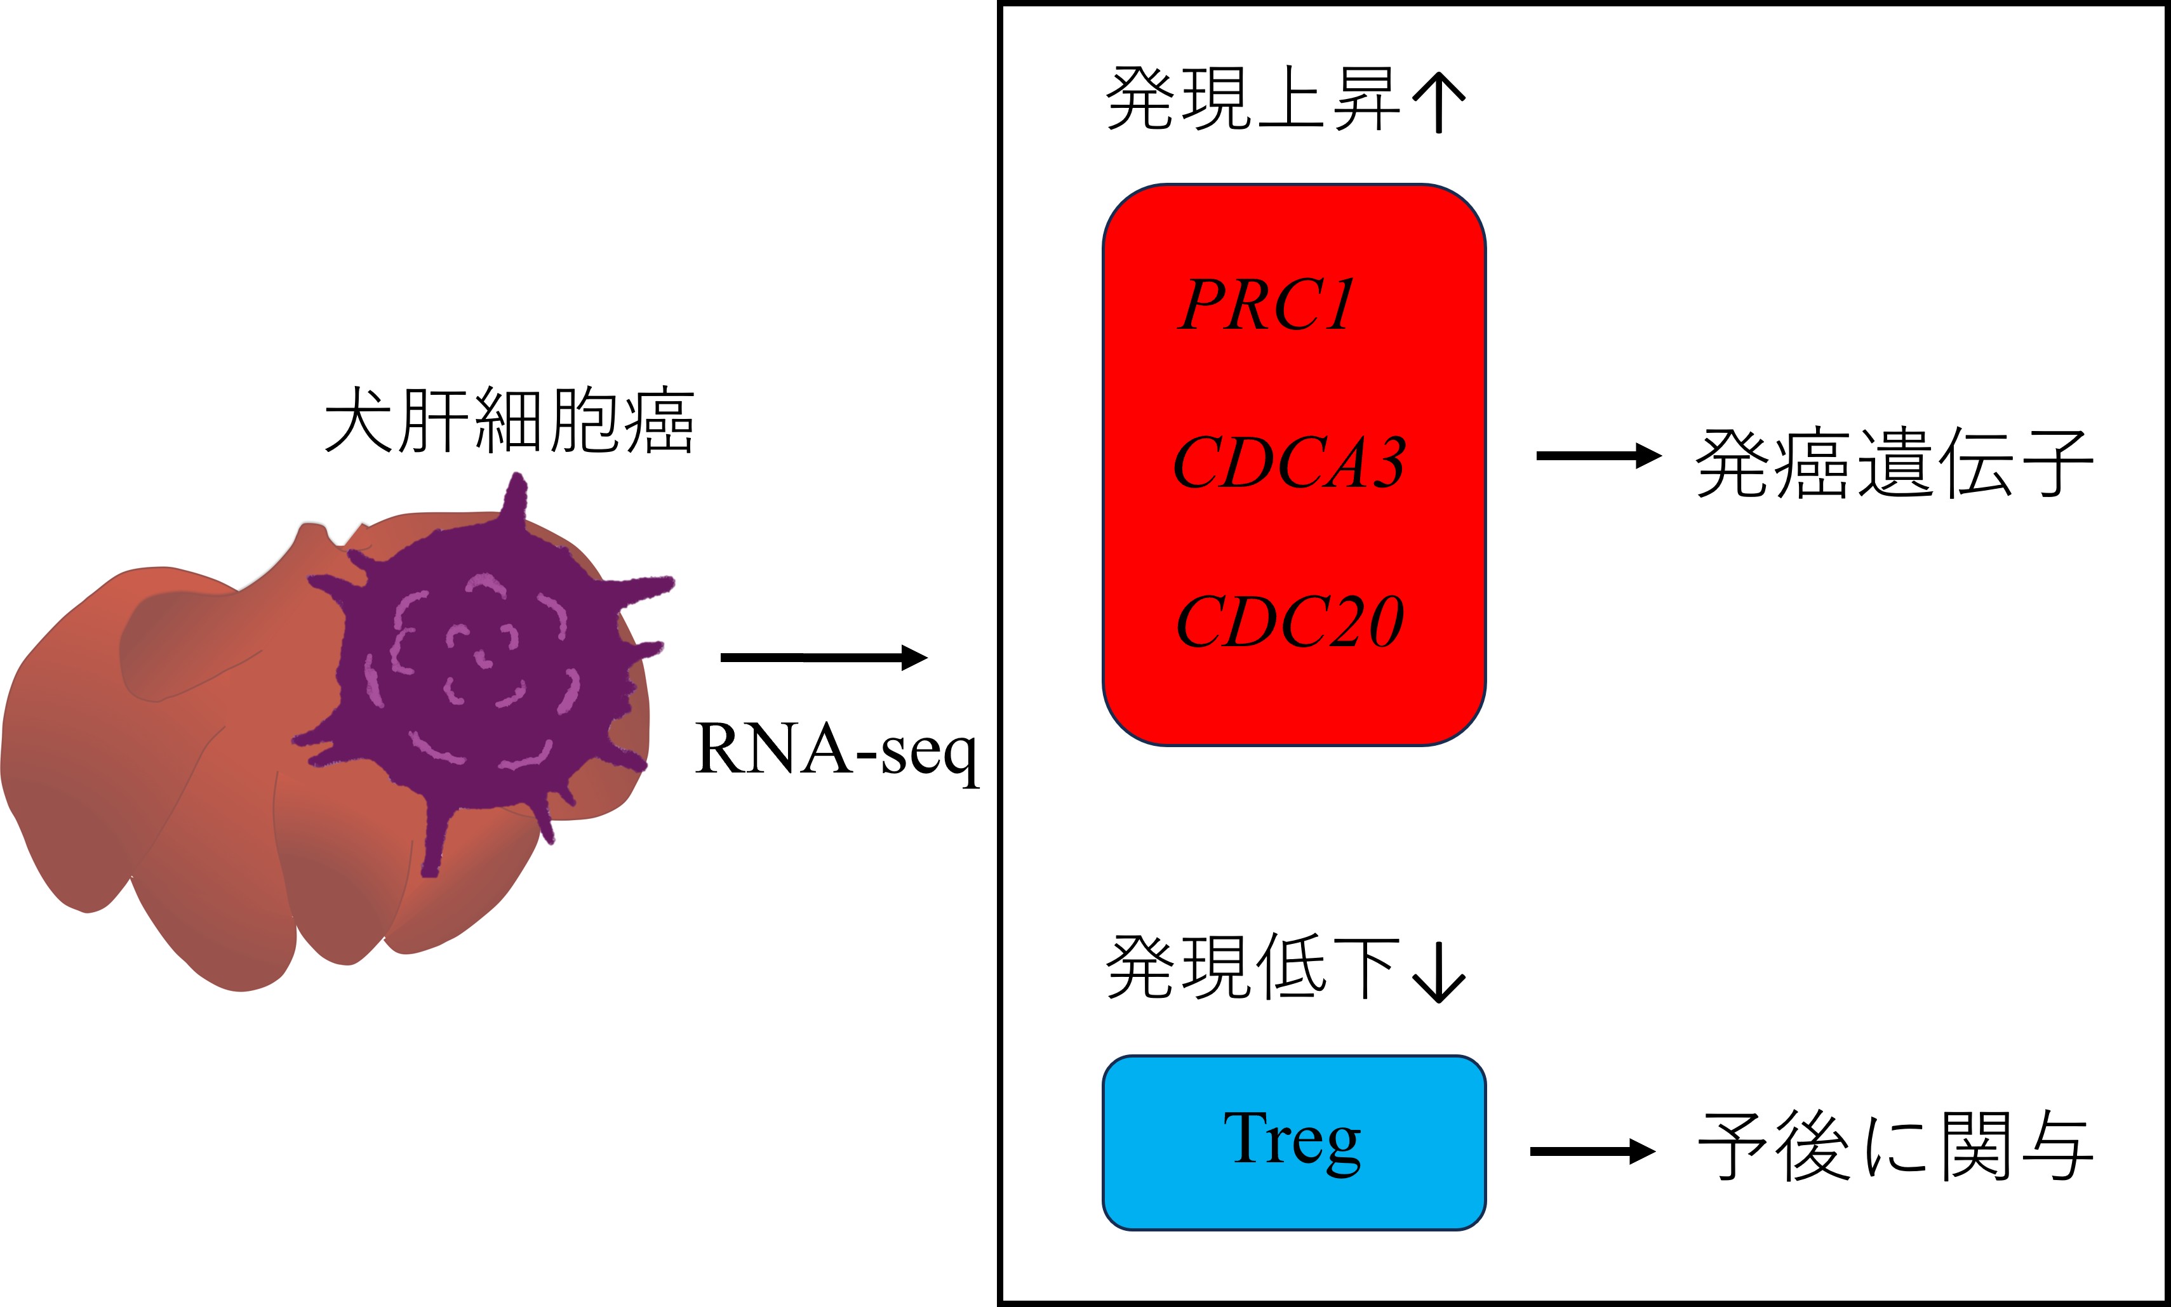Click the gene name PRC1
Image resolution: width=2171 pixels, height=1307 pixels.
pyautogui.click(x=1266, y=305)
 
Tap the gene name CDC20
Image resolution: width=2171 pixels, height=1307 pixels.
pyautogui.click(x=1288, y=622)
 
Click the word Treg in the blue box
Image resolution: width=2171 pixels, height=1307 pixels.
pyautogui.click(x=1292, y=1139)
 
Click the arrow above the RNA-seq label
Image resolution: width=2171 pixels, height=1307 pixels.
pyautogui.click(x=824, y=657)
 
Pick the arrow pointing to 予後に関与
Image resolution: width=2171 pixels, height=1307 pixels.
pyautogui.click(x=1593, y=1151)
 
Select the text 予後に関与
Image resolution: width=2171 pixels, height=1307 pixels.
pyautogui.click(x=1894, y=1146)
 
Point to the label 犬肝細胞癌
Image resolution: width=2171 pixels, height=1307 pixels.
pyautogui.click(x=509, y=421)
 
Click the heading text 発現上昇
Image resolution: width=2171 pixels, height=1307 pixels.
pyautogui.click(x=1252, y=98)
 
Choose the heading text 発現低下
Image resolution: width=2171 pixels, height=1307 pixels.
pyautogui.click(x=1252, y=968)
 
